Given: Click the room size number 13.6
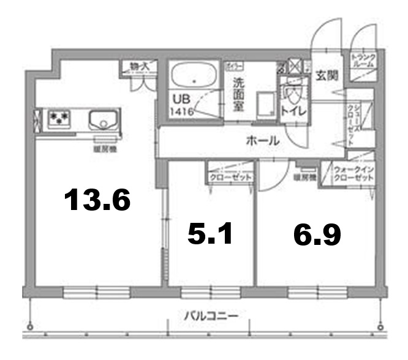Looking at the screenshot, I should [x=98, y=200].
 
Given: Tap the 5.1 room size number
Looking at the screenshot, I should [x=210, y=233].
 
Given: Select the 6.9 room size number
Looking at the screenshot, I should [x=317, y=234].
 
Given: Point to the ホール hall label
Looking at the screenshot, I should [x=263, y=141].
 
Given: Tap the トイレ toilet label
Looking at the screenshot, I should [x=293, y=111].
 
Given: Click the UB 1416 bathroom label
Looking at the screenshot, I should [x=183, y=105].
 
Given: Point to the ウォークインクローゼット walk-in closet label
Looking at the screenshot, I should [x=353, y=173].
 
